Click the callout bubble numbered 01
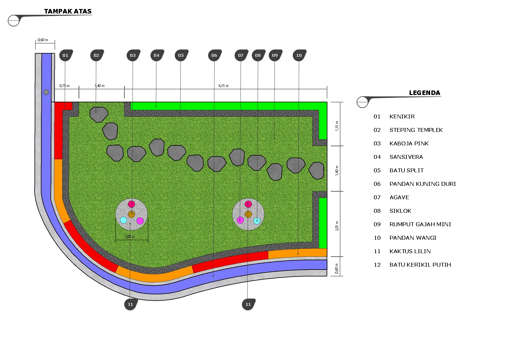point(66,55)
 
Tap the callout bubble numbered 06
point(215,55)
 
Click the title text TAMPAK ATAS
point(68,11)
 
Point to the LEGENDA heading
point(424,93)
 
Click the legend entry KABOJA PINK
point(409,143)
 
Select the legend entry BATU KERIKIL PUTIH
point(420,265)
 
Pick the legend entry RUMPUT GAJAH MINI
point(420,224)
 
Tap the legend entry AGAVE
point(399,197)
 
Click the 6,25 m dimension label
point(223,86)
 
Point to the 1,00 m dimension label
point(130,236)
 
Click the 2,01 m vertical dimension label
point(337,226)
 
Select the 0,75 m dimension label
point(64,86)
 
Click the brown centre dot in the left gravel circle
point(131,214)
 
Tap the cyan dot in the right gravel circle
point(257,221)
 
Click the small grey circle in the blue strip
point(46,92)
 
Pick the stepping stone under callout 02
point(99,114)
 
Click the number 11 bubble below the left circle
point(131,304)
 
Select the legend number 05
point(377,170)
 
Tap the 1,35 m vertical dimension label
point(337,126)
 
